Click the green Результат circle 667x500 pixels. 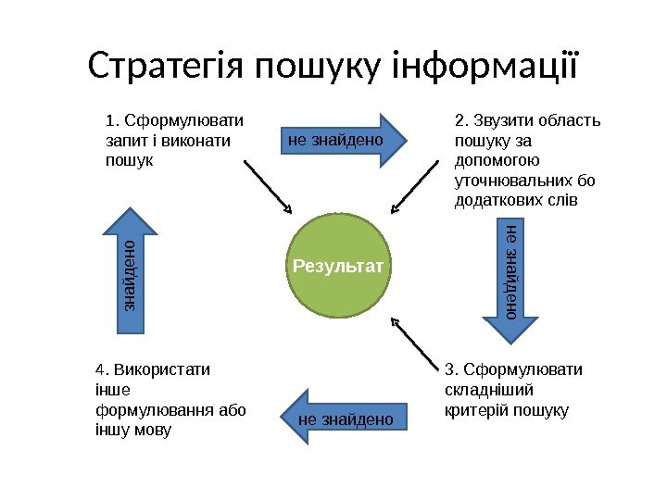pyautogui.click(x=338, y=267)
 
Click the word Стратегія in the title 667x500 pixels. pyautogui.click(x=163, y=67)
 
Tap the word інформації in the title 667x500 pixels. pyautogui.click(x=485, y=67)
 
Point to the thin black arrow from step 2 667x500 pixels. pyautogui.click(x=414, y=186)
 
